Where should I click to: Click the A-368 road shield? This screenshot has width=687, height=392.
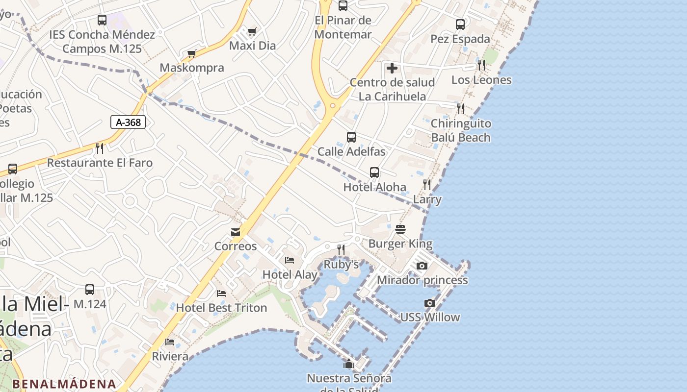point(128,122)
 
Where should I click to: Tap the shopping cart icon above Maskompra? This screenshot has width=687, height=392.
point(192,54)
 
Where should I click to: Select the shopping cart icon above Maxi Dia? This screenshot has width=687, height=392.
point(252,32)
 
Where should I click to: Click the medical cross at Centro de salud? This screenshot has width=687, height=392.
point(392,68)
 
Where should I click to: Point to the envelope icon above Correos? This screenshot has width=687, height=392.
point(236,232)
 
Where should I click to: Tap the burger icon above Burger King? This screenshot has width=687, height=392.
point(400,229)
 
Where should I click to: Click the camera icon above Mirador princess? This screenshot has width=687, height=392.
point(422,266)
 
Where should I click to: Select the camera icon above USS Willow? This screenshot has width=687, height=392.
point(430,303)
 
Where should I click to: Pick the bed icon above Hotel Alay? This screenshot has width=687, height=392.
point(290,260)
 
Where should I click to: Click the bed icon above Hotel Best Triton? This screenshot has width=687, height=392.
point(221,294)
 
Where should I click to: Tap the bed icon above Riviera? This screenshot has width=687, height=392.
point(170,342)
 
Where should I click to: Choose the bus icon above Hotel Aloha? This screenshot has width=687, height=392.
point(374,172)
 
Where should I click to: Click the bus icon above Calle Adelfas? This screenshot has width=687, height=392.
point(351,137)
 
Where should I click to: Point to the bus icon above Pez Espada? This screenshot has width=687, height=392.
point(460,24)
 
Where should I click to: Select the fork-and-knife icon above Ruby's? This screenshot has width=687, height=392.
point(341,250)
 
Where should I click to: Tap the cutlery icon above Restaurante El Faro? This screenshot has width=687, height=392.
point(100,148)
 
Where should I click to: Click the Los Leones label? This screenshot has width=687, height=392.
point(481,80)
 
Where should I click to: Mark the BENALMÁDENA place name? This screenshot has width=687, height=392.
point(64,384)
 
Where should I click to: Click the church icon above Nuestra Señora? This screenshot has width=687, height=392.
point(349,364)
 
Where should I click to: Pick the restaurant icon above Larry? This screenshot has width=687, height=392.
point(427,185)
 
